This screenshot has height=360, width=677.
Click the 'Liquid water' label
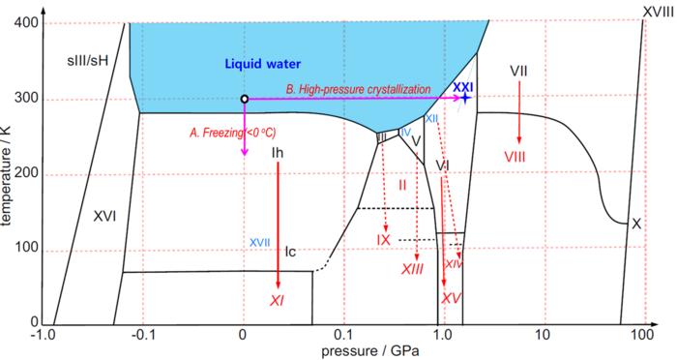tap(264, 65)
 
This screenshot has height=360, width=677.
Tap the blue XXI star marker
tap(466, 98)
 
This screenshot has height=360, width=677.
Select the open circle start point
tap(244, 99)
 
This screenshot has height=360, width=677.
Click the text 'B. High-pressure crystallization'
tap(358, 89)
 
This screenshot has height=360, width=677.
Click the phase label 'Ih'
tap(278, 153)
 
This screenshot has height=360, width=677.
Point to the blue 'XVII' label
tap(260, 242)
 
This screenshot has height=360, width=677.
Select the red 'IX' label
tap(383, 239)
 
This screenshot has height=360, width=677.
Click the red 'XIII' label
tap(412, 268)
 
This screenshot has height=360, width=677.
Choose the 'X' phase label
tap(635, 224)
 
